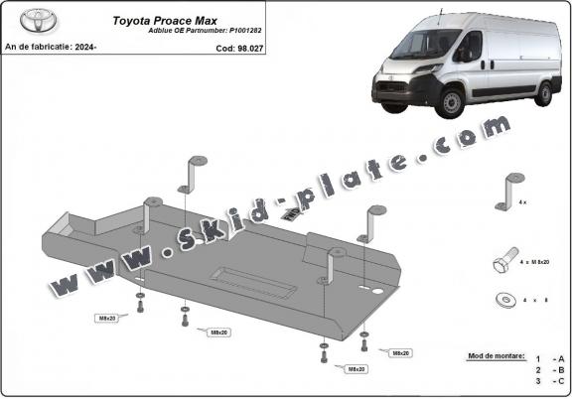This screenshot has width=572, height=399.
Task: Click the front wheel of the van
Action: pyautogui.click(x=453, y=102)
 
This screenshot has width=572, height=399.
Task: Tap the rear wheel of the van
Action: pyautogui.click(x=543, y=93)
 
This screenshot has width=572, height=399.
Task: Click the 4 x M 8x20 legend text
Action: pyautogui.click(x=537, y=264)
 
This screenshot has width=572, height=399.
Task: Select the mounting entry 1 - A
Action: pyautogui.click(x=548, y=357)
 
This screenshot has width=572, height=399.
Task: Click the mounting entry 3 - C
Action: pyautogui.click(x=548, y=380)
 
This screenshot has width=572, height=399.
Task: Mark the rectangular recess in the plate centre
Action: pyautogui.click(x=256, y=280)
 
